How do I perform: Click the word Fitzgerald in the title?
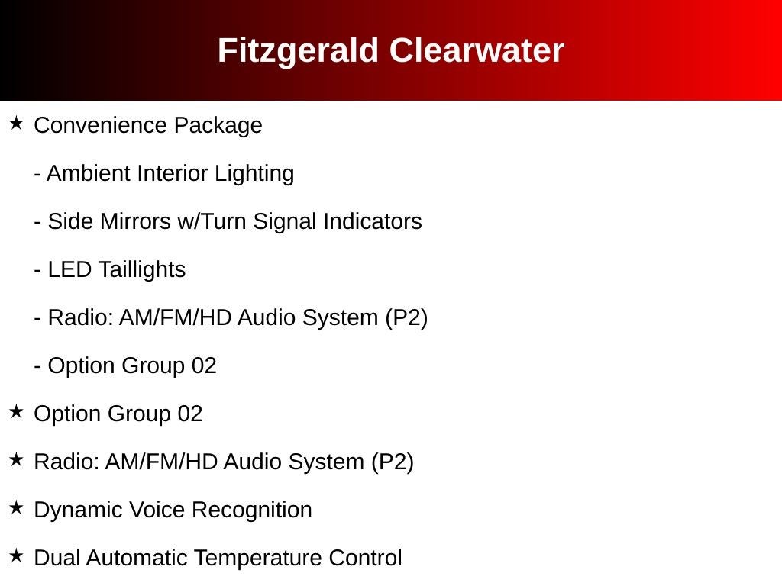tap(298, 51)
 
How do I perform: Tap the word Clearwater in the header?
tap(477, 50)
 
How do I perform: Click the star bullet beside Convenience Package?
tap(17, 123)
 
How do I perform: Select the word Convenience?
tap(100, 125)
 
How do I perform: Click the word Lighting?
tap(254, 174)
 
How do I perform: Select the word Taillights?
tap(141, 269)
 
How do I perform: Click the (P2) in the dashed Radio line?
tap(406, 318)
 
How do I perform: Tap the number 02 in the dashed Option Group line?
tap(204, 365)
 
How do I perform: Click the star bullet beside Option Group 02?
tap(17, 411)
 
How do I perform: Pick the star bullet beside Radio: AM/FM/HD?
tap(17, 459)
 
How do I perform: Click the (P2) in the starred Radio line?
tap(392, 462)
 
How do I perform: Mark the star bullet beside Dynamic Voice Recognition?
tap(17, 507)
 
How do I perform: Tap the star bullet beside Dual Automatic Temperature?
tap(17, 555)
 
